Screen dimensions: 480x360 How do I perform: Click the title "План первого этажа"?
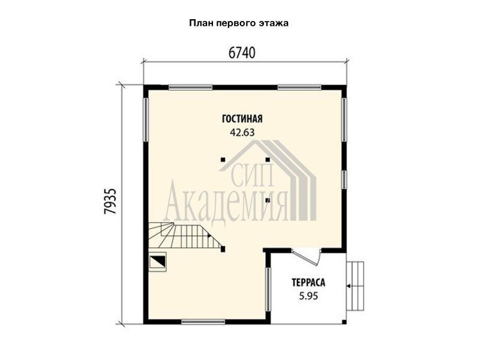tap(239, 23)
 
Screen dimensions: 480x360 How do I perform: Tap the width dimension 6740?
tap(242, 53)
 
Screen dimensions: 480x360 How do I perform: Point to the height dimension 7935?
tap(110, 201)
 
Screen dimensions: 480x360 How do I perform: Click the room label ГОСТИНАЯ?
tap(242, 119)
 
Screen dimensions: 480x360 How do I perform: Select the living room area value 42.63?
tap(242, 133)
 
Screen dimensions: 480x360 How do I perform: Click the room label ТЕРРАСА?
tap(308, 282)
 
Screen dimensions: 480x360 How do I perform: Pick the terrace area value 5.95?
tap(308, 296)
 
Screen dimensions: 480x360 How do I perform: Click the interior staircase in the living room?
tap(185, 236)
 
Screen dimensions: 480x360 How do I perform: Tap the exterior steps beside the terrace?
tap(355, 286)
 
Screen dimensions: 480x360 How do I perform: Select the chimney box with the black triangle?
tap(157, 262)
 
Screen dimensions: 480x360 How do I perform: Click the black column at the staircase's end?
tap(223, 248)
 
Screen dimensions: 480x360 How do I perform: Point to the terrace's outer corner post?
tap(344, 322)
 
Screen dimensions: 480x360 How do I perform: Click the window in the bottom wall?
tap(203, 322)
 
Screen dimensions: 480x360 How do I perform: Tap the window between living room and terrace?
tap(268, 289)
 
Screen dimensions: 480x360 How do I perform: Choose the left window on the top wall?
tap(190, 87)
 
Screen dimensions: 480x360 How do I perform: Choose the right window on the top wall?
tap(299, 87)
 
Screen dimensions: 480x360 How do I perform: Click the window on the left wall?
tap(146, 119)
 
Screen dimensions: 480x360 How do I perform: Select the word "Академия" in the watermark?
tap(226, 203)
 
